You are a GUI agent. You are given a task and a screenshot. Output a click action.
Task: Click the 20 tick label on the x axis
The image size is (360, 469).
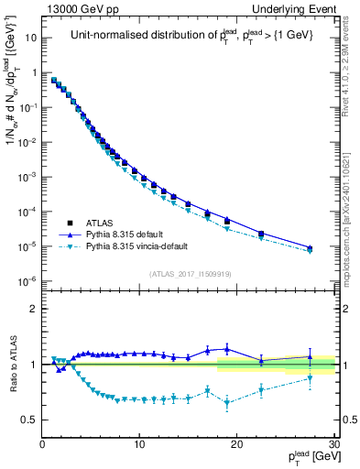point(236,445)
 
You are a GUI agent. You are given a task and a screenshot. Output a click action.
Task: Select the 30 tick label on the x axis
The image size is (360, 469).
point(333,445)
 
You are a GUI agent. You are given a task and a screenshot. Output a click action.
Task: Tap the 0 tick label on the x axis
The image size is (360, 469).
point(43,445)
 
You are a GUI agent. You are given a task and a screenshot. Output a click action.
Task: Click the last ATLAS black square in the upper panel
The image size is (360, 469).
point(310,248)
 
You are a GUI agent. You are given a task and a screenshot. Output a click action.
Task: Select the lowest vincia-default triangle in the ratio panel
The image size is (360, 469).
point(227,403)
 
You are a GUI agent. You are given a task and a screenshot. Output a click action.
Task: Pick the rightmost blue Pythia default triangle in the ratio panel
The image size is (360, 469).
point(310,356)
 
